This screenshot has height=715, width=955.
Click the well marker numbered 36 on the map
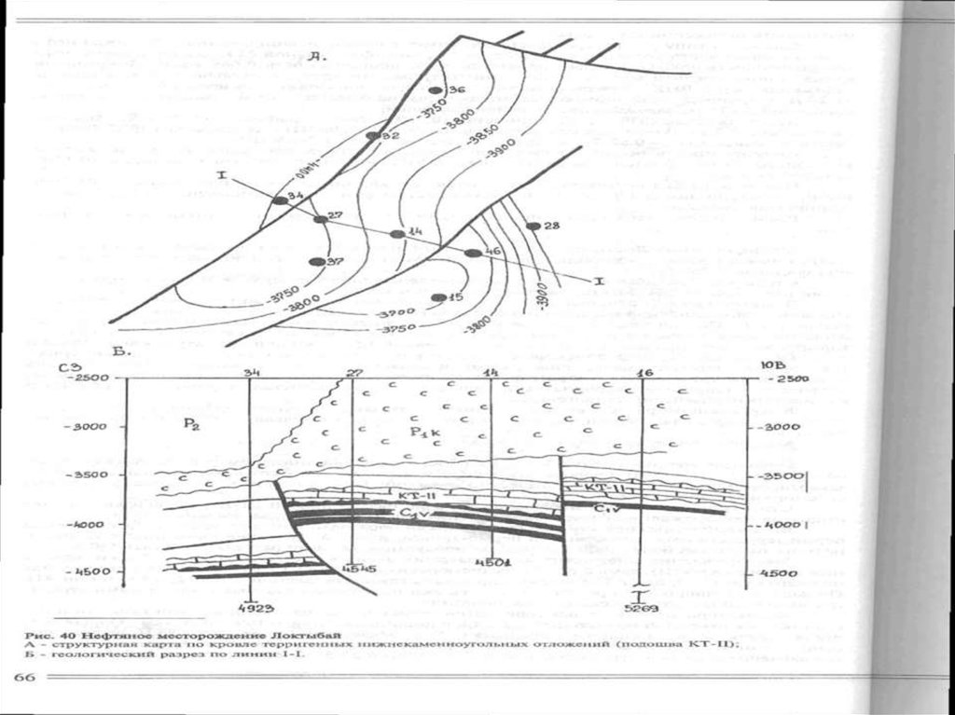(x=435, y=89)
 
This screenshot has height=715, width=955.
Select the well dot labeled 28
(x=533, y=227)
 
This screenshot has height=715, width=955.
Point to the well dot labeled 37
(x=316, y=262)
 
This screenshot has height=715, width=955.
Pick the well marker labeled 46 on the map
(x=473, y=253)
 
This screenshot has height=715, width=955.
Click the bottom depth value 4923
(x=256, y=608)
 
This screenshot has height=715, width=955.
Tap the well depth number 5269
(x=638, y=608)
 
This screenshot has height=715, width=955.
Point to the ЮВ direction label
(x=773, y=365)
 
